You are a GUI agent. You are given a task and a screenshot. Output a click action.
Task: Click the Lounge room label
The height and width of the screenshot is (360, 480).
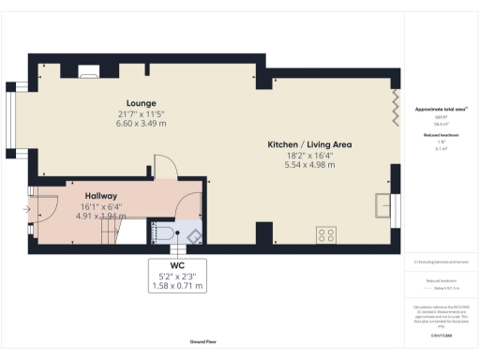142,102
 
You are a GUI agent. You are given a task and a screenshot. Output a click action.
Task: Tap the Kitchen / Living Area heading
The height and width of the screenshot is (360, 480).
309,144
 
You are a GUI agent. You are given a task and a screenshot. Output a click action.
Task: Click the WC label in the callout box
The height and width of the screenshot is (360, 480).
177,264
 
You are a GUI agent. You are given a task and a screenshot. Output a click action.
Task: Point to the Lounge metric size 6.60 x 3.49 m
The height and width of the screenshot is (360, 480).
142,123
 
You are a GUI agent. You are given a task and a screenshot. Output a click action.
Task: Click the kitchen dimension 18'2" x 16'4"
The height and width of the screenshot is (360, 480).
309,155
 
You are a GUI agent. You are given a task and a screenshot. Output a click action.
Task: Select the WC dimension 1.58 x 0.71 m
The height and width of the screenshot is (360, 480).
177,285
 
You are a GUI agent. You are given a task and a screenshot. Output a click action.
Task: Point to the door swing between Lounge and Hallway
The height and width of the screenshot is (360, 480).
163,165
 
